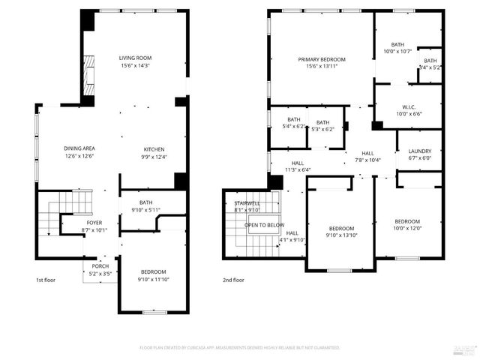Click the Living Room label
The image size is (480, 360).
click(x=136, y=58)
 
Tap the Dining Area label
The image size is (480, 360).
click(x=78, y=148)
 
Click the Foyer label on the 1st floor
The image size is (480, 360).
click(x=94, y=223)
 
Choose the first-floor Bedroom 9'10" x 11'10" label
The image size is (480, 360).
click(x=154, y=271)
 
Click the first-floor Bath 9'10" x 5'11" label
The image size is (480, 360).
click(x=145, y=202)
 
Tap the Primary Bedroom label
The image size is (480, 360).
click(x=322, y=59)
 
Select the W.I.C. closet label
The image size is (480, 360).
click(x=409, y=105)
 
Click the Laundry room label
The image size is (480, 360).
click(x=419, y=150)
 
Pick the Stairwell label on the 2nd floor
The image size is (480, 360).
click(x=247, y=202)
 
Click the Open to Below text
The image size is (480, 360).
click(x=264, y=225)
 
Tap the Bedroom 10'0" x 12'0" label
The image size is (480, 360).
click(x=407, y=221)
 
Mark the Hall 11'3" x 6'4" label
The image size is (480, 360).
click(x=298, y=163)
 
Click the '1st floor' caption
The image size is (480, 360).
click(x=46, y=280)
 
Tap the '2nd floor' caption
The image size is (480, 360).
click(x=233, y=280)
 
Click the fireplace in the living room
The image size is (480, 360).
click(x=88, y=76)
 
